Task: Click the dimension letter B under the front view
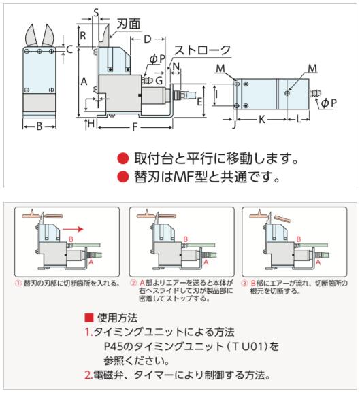(x=39, y=126)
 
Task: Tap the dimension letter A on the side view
(x=84, y=82)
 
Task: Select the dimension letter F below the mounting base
(x=135, y=127)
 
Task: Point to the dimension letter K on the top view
(x=261, y=119)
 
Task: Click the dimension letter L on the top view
(x=299, y=119)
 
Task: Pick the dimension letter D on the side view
(x=148, y=39)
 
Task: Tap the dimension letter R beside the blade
(x=83, y=36)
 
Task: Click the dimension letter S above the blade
(x=96, y=12)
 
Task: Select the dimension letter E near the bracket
(x=199, y=102)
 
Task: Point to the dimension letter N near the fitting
(x=176, y=67)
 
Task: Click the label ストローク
(x=202, y=50)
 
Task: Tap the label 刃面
(x=129, y=24)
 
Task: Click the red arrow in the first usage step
(x=73, y=229)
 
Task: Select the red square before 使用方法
(x=89, y=318)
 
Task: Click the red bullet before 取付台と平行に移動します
(x=123, y=158)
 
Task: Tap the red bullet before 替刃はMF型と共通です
(x=123, y=177)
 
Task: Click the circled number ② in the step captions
(x=133, y=284)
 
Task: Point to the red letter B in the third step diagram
(x=299, y=239)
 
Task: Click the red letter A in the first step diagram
(x=91, y=262)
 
